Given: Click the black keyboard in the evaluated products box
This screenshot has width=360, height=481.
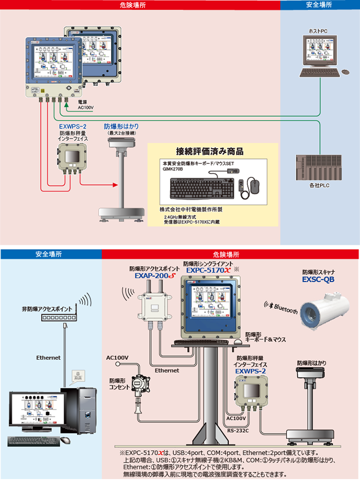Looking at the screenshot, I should [204, 189].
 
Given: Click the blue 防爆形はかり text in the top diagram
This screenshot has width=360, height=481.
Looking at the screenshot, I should [121, 125].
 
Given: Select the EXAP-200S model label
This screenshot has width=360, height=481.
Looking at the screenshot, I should [154, 275].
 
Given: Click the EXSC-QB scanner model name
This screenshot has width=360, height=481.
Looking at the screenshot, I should [319, 281].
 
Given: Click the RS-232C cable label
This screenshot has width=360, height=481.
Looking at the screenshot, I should [238, 430].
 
